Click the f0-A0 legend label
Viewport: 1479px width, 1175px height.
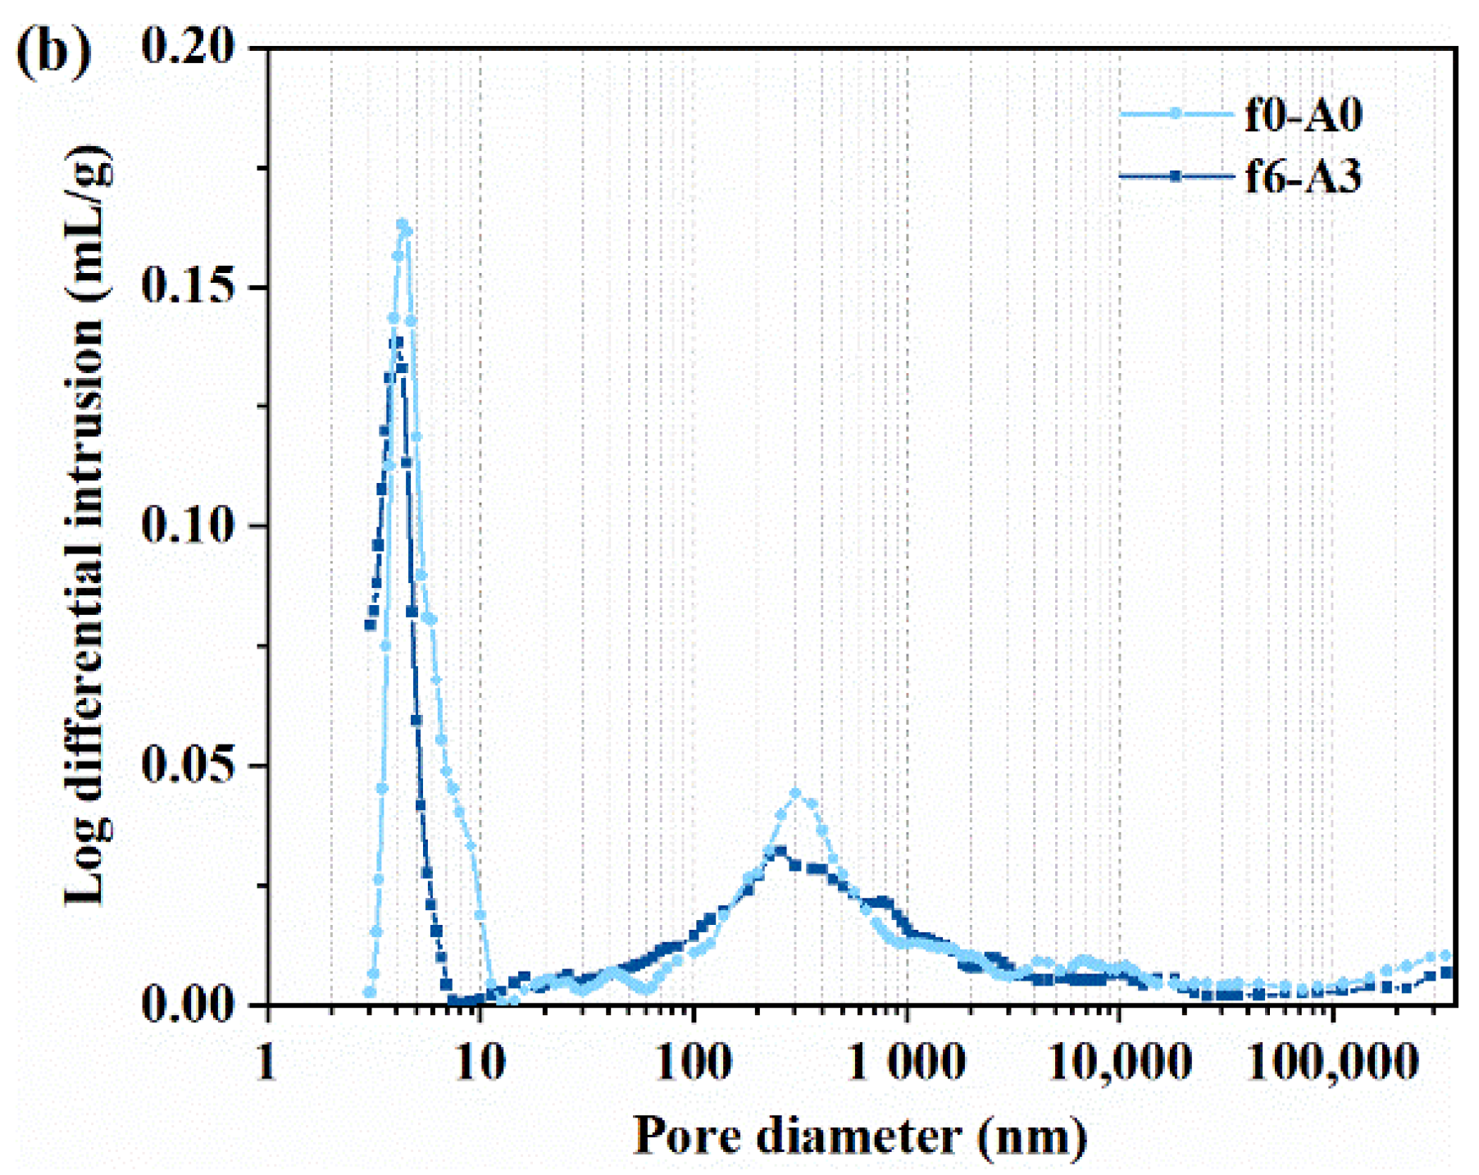(x=1304, y=114)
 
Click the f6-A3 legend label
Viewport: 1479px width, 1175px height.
(x=1304, y=176)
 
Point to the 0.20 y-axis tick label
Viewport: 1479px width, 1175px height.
(x=189, y=46)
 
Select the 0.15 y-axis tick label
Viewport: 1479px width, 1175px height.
(x=189, y=286)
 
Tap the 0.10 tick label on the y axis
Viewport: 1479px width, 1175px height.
(x=189, y=525)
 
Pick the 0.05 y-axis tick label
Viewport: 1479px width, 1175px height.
(x=189, y=764)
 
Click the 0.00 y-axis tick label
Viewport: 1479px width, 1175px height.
(x=189, y=1004)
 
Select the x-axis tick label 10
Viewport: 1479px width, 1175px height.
(x=479, y=1063)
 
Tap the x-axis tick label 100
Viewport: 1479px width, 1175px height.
(x=694, y=1063)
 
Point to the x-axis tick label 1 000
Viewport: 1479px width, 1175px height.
(x=906, y=1063)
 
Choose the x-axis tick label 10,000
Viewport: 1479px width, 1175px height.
(x=1118, y=1064)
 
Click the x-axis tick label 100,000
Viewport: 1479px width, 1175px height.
(x=1332, y=1064)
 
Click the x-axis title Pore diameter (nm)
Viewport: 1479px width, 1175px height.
(x=860, y=1136)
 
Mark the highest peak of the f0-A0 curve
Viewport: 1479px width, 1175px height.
(x=402, y=223)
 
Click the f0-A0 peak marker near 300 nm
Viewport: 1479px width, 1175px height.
(x=794, y=793)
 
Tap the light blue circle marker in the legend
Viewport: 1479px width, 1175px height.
(x=1176, y=114)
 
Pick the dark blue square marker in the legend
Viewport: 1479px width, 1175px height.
(x=1176, y=176)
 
